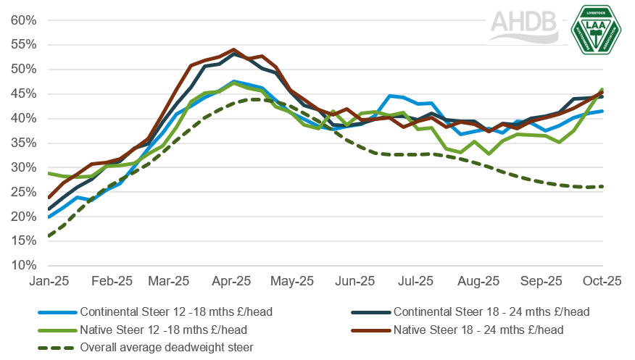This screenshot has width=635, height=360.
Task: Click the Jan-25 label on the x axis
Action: pyautogui.click(x=48, y=281)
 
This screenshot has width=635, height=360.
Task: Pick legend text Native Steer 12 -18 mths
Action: pyautogui.click(x=154, y=330)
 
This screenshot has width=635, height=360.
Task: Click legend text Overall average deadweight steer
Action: pyautogui.click(x=166, y=347)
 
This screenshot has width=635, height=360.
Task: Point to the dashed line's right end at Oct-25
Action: pyautogui.click(x=603, y=186)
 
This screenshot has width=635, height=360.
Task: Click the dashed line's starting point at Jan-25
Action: pyautogui.click(x=48, y=236)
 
